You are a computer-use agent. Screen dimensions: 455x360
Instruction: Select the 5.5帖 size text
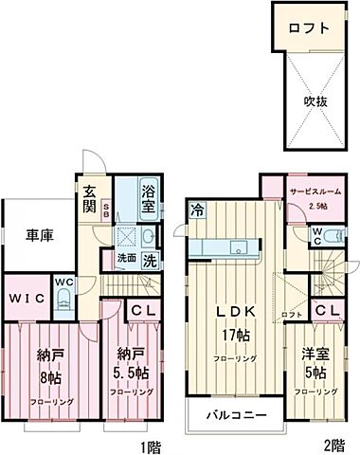tap(127, 372)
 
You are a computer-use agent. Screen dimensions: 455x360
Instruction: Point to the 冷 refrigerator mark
tap(196, 211)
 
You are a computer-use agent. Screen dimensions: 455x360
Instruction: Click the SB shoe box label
tap(106, 209)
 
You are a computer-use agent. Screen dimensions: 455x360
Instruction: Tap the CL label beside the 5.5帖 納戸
tap(142, 309)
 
